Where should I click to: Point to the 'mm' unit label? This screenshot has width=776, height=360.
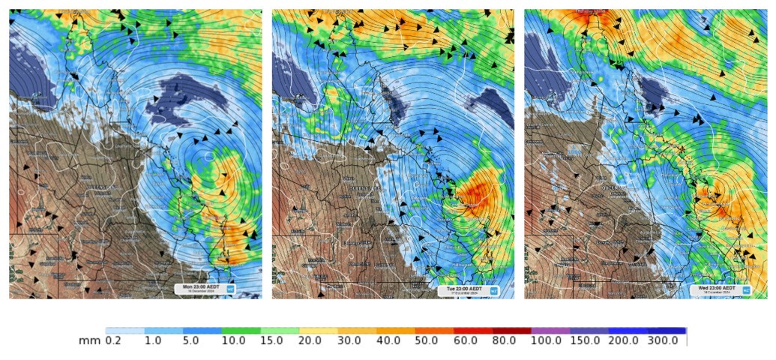point(88,340)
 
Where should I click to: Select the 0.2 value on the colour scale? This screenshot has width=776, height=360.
point(112,340)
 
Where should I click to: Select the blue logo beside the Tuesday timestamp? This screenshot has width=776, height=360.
point(493,289)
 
